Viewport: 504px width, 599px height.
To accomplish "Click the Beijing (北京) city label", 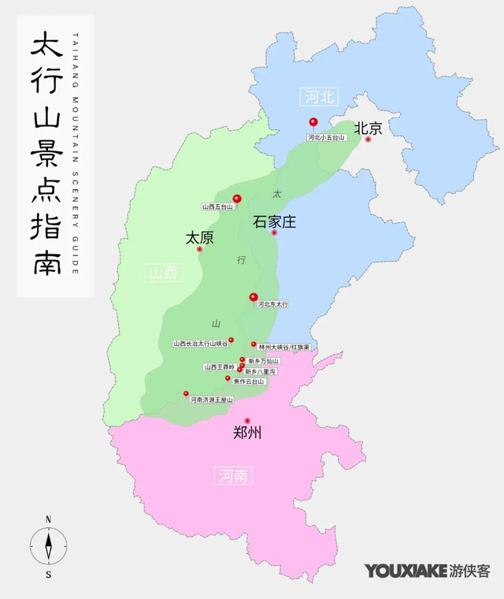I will point(368,128).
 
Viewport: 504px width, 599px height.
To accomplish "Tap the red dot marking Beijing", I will point(368,140).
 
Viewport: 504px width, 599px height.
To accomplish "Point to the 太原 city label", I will point(199,237).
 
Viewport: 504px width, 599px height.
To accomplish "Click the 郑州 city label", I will point(247,432).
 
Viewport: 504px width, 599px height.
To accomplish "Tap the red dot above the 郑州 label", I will point(247,421).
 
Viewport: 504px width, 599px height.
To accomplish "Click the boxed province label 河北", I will point(318,97).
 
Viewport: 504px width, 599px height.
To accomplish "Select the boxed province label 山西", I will point(164,273).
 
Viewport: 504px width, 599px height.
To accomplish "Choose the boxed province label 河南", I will point(233,474).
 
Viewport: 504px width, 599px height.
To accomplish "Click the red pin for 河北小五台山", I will point(313,123).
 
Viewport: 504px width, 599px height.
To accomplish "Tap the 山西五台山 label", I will point(220,206).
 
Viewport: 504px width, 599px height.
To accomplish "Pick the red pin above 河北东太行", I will point(254,298).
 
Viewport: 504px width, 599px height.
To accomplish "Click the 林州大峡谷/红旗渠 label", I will point(283,346).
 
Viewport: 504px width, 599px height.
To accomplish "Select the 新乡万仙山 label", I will point(263,360).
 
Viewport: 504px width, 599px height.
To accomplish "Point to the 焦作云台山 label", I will point(249,381).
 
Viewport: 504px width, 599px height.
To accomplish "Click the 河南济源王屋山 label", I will point(212,400).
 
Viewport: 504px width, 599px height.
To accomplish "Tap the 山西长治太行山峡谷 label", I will point(201,344).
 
